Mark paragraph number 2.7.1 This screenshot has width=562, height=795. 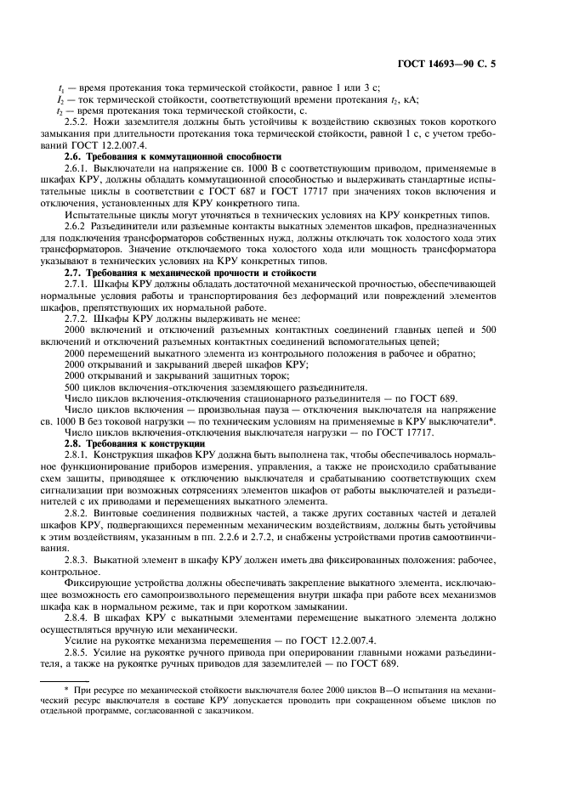click(x=79, y=285)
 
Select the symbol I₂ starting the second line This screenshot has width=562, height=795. click(x=60, y=100)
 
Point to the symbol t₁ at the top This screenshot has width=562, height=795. click(x=60, y=89)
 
